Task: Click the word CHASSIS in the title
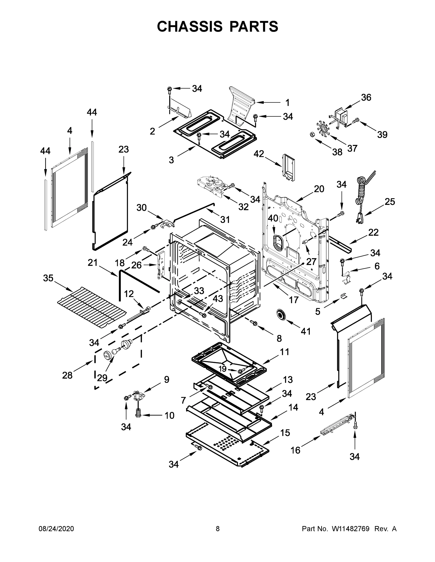pos(190,26)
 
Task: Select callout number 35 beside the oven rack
pos(48,278)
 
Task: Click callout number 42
pos(259,154)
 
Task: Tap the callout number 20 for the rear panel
pos(319,189)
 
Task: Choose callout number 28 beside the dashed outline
pos(67,375)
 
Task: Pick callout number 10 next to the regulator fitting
pos(169,415)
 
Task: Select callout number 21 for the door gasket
pos(93,263)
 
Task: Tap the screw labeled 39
pos(356,120)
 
